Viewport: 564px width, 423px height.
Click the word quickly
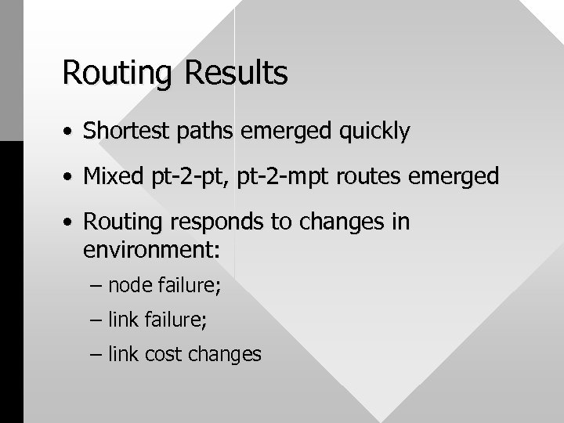pyautogui.click(x=371, y=132)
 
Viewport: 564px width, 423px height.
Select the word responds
pyautogui.click(x=201, y=223)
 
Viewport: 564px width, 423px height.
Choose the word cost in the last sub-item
pyautogui.click(x=159, y=354)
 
